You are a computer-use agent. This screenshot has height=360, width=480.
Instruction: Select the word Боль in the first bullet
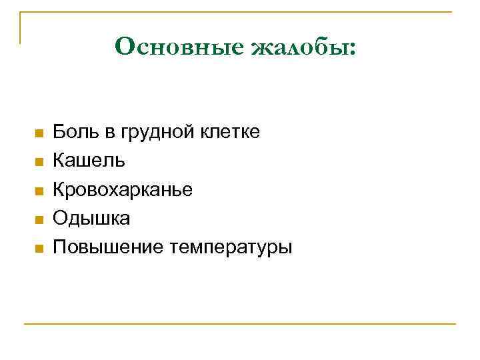[75, 132]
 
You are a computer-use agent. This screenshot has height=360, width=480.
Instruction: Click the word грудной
[159, 132]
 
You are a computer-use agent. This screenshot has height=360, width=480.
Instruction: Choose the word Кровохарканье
[123, 189]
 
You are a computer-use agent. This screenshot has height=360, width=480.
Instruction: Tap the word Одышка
[91, 219]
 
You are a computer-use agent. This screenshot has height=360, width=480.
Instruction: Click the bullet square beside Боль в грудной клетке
[39, 133]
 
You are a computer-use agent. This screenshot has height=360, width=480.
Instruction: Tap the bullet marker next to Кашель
[39, 162]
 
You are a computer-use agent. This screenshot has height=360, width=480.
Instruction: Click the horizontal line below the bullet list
[240, 324]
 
